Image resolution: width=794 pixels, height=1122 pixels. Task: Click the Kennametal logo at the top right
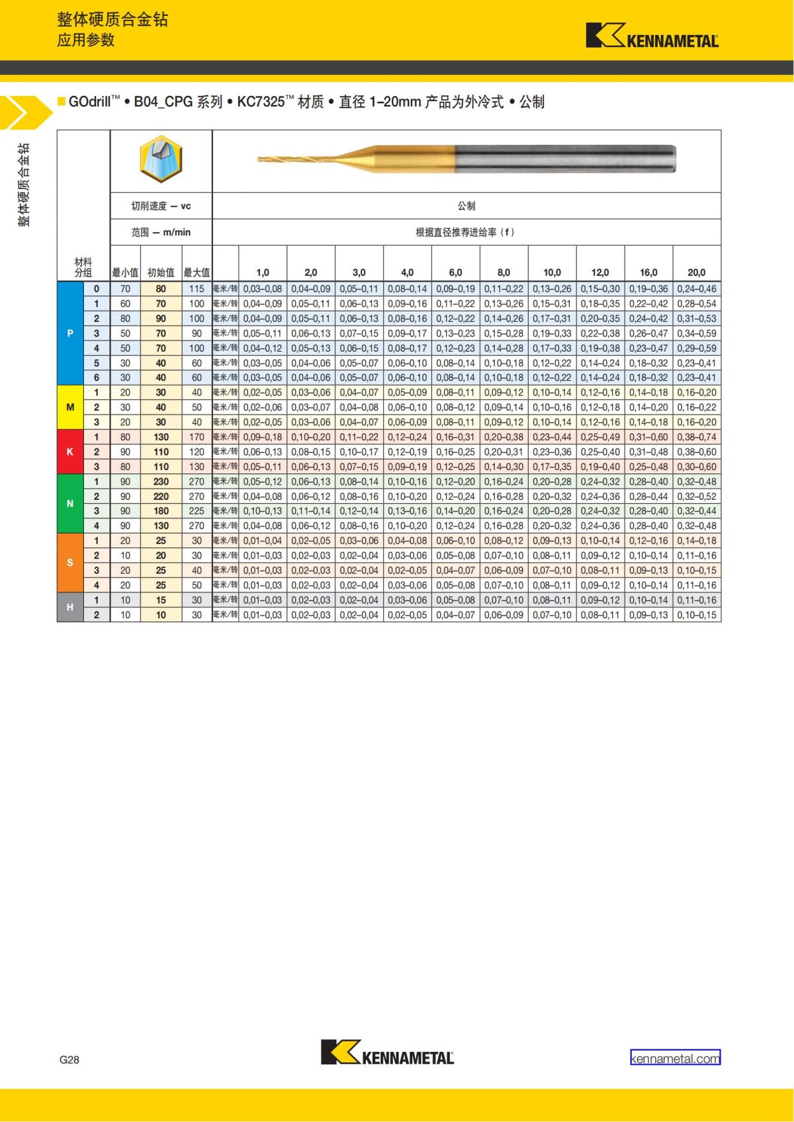(652, 36)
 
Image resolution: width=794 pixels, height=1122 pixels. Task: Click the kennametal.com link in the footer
(675, 1059)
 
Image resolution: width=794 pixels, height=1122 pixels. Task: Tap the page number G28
(69, 1059)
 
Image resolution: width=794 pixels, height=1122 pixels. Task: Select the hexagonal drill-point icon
(161, 160)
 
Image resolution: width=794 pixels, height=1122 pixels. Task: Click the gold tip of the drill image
(265, 159)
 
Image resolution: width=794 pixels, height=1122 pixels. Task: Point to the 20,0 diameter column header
(696, 272)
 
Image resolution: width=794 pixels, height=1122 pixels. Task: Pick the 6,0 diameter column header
(455, 272)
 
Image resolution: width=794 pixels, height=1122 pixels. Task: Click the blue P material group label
(70, 333)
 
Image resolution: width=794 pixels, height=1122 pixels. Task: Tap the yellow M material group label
(70, 407)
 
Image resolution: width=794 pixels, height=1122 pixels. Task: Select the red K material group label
(70, 452)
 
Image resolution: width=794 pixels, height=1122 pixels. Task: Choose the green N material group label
(70, 504)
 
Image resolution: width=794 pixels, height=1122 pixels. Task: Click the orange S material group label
(70, 563)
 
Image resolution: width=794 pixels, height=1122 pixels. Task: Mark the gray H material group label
(70, 607)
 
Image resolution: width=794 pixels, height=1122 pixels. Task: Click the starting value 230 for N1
(161, 481)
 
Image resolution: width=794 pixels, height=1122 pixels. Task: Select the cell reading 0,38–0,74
(696, 437)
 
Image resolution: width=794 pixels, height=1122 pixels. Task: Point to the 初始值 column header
(161, 272)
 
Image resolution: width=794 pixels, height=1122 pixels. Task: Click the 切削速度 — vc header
(161, 206)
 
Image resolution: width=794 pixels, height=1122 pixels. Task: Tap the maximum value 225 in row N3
(197, 511)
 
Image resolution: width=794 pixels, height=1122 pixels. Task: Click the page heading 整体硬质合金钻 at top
(112, 20)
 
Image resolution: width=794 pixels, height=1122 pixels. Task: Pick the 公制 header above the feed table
(466, 206)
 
